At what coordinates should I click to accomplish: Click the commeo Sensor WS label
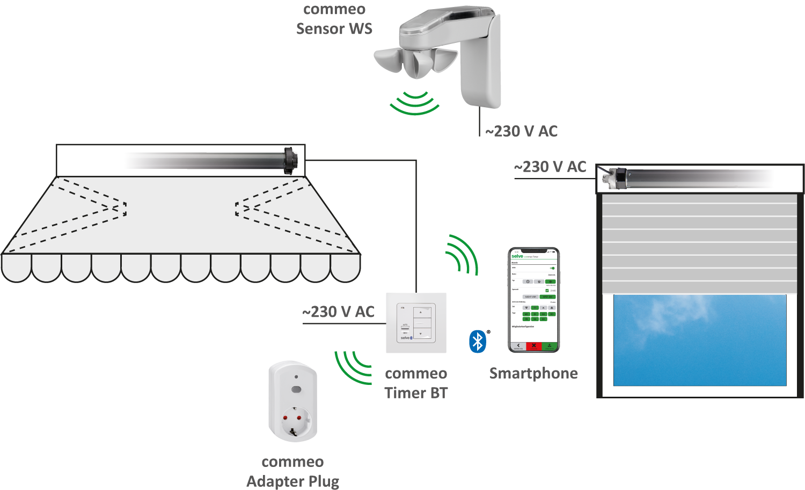click(x=334, y=19)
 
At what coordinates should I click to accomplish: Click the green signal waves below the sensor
click(x=414, y=103)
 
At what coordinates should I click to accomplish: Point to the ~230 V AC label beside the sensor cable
click(x=521, y=131)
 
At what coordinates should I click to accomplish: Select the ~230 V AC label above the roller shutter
click(x=550, y=167)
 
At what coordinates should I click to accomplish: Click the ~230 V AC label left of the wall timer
click(x=338, y=311)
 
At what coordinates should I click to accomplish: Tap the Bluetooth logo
click(x=477, y=341)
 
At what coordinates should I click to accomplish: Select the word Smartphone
click(x=533, y=373)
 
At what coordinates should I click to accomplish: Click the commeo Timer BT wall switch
click(x=416, y=322)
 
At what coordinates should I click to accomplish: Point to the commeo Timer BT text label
click(x=416, y=383)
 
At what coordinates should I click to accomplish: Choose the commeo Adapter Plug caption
click(x=292, y=471)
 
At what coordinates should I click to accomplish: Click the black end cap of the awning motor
click(x=290, y=160)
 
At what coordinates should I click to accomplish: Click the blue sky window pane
click(x=699, y=340)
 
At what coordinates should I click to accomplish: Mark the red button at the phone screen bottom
click(x=533, y=346)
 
